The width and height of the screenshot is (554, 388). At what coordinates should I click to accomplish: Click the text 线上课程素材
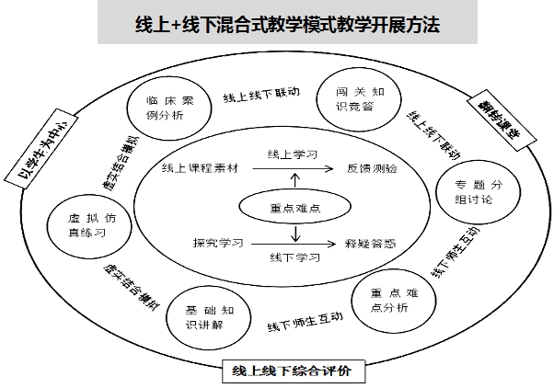199,169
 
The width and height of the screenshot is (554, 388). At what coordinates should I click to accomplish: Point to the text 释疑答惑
372,245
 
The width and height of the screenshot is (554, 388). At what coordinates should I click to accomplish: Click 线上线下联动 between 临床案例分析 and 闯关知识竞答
261,95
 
